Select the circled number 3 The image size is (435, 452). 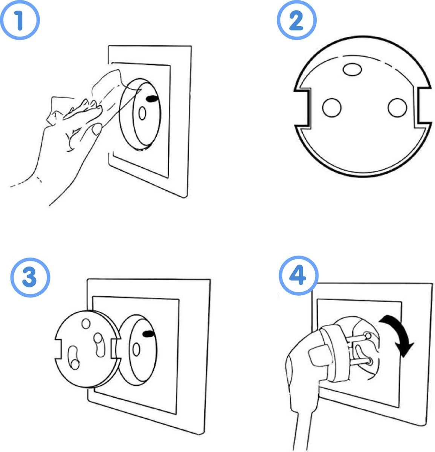[30, 277]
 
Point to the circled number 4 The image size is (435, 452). [298, 276]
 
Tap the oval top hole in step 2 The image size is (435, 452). [353, 69]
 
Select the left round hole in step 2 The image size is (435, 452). [331, 107]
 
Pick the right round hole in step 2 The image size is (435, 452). [398, 107]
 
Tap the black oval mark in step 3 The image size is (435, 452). [148, 333]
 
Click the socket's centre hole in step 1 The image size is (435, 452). [142, 113]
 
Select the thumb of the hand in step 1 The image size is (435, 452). [96, 130]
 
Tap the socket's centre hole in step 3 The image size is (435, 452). [136, 350]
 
